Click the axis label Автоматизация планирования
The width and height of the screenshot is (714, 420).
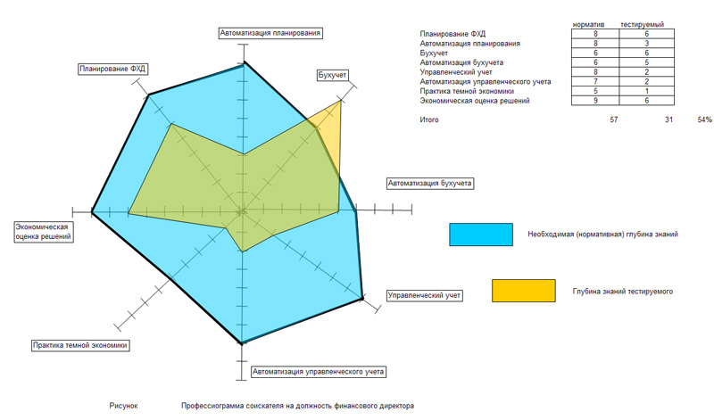270,33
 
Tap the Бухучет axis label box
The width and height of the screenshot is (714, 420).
332,75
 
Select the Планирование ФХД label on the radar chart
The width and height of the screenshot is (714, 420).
112,68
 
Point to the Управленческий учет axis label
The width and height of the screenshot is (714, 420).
424,294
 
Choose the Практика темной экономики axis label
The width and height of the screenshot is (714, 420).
80,345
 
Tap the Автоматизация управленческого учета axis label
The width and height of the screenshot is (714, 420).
319,370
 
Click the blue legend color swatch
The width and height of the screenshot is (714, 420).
481,235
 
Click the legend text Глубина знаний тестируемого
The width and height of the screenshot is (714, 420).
622,291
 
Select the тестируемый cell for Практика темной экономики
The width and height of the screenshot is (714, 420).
642,92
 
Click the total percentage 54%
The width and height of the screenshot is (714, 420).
704,119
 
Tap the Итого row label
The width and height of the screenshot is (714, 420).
429,119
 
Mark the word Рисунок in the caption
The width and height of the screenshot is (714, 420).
124,406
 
